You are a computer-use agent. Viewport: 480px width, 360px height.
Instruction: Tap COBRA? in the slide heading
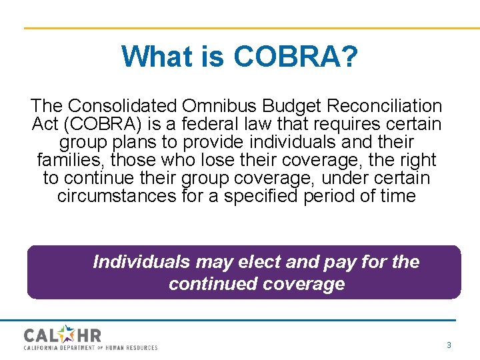point(296,57)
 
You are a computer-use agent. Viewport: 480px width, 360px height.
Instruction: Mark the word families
point(71,161)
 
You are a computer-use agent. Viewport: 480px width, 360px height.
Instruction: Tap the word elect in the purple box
point(255,261)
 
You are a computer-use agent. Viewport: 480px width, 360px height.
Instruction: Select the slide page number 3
point(449,345)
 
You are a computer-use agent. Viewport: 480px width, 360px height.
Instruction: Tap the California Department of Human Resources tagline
point(91,347)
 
